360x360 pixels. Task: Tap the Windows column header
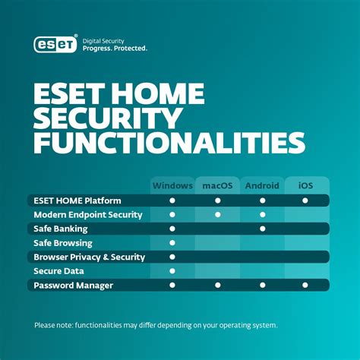(x=172, y=185)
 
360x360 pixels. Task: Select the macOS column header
(x=217, y=185)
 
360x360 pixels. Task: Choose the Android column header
(x=262, y=185)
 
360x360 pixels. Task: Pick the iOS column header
(x=305, y=185)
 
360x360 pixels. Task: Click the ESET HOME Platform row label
(x=77, y=201)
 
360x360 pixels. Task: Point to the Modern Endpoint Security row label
(x=87, y=215)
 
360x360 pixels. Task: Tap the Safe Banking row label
(x=60, y=229)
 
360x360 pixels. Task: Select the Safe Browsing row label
(x=62, y=243)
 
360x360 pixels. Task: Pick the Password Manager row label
(x=73, y=286)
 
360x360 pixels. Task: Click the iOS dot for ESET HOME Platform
(x=305, y=201)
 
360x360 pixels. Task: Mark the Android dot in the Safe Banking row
(x=262, y=229)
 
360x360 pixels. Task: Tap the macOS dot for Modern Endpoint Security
(x=217, y=215)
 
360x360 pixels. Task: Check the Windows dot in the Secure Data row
(x=172, y=271)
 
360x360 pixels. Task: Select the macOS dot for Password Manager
(x=217, y=286)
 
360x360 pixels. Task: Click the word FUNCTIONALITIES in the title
(x=169, y=143)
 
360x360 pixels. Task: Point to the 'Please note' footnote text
(x=156, y=326)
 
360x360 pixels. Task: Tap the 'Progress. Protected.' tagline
(x=114, y=48)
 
